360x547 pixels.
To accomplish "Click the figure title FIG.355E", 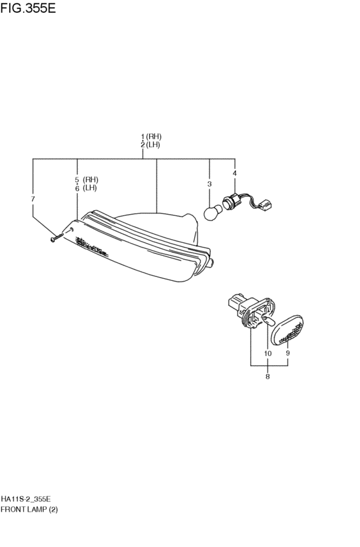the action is [28, 8].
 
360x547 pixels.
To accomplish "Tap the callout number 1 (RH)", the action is [151, 136].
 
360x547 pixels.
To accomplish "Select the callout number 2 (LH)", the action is [150, 145].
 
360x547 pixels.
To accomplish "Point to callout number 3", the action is [210, 184].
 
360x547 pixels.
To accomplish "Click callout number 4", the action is [235, 173].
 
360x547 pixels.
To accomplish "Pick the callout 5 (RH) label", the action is [87, 180].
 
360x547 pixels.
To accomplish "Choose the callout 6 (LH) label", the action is [85, 188].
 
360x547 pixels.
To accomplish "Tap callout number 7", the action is [33, 199].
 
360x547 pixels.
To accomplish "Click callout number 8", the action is [267, 377].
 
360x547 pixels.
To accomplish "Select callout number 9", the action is [288, 353].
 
